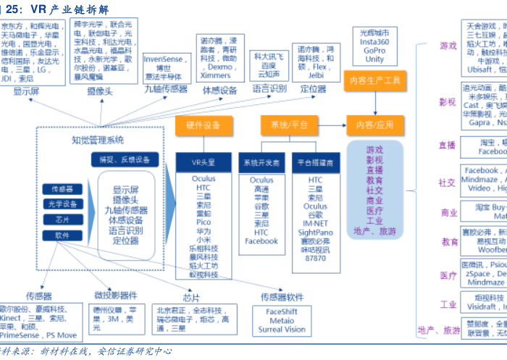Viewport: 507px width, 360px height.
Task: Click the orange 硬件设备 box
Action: (204, 125)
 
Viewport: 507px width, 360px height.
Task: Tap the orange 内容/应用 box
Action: (374, 125)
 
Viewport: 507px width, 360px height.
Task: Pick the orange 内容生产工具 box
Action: (374, 80)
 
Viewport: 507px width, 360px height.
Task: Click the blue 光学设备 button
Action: (62, 204)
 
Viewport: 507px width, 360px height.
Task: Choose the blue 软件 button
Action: (62, 235)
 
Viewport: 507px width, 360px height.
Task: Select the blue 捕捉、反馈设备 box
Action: (125, 159)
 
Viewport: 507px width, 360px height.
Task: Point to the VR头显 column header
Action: (204, 162)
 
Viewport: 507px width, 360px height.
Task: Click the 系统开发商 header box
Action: (261, 162)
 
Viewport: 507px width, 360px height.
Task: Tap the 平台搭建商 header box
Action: (315, 162)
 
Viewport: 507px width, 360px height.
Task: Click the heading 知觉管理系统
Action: (98, 140)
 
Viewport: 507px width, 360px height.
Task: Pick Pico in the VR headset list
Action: (204, 223)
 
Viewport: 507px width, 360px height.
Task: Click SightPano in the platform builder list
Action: (315, 232)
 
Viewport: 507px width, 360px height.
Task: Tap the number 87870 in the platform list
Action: (315, 258)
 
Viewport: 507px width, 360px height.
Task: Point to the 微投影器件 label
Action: (116, 295)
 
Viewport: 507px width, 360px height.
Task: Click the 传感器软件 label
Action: (282, 297)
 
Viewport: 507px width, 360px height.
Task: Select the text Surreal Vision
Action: (282, 330)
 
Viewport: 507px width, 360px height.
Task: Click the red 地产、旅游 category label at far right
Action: (438, 330)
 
